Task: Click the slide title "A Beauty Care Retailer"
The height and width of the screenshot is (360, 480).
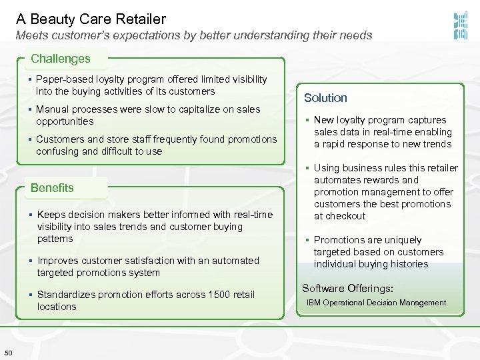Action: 91,19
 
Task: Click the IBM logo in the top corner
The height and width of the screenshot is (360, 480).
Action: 459,26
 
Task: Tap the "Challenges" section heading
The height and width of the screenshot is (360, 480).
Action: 60,59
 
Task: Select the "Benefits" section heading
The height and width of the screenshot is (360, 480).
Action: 52,188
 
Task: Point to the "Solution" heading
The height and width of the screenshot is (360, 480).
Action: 325,98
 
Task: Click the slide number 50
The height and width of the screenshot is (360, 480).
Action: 8,353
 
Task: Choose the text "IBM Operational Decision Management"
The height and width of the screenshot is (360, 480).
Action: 376,303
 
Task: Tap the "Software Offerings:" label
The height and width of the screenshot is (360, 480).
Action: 347,289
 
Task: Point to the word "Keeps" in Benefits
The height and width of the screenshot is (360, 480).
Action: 51,215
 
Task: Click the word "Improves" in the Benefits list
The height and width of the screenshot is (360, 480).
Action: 59,261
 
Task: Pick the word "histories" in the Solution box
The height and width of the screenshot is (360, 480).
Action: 407,264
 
